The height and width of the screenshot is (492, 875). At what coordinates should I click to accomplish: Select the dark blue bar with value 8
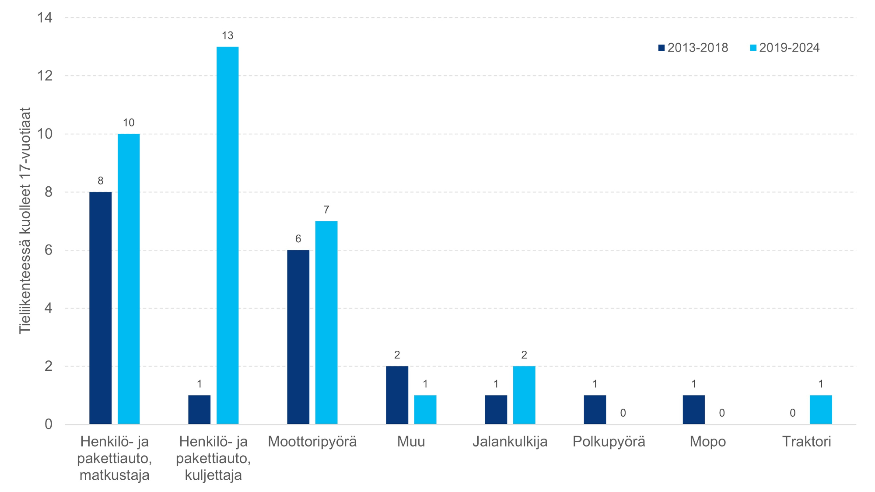click(100, 308)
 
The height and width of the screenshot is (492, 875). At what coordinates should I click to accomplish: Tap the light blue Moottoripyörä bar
click(326, 322)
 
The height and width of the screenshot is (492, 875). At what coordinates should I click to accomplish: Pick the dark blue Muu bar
click(397, 395)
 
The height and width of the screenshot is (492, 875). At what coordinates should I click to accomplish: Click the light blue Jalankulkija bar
click(524, 395)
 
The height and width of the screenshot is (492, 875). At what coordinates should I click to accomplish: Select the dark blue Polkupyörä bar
click(595, 409)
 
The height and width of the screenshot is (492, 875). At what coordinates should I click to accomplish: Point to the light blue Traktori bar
click(821, 409)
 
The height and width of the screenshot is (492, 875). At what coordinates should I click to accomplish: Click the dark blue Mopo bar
click(693, 409)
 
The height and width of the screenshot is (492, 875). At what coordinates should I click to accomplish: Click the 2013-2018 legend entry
click(693, 48)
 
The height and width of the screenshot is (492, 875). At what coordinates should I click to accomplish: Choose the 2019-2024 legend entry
click(785, 48)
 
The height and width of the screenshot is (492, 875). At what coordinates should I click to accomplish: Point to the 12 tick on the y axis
click(45, 76)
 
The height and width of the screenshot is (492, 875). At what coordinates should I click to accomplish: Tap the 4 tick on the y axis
click(48, 308)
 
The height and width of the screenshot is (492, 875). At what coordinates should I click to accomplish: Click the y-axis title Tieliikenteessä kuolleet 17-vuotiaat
click(25, 221)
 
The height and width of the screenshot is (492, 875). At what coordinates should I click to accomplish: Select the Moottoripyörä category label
click(312, 442)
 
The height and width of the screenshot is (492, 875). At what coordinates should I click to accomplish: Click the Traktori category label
click(806, 442)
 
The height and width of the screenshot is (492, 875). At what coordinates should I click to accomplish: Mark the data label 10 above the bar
click(129, 123)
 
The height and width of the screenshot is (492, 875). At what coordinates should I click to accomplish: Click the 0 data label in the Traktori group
click(792, 413)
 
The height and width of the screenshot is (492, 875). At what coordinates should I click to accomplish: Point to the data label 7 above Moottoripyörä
click(326, 210)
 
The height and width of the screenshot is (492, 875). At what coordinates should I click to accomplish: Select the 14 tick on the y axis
click(45, 18)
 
